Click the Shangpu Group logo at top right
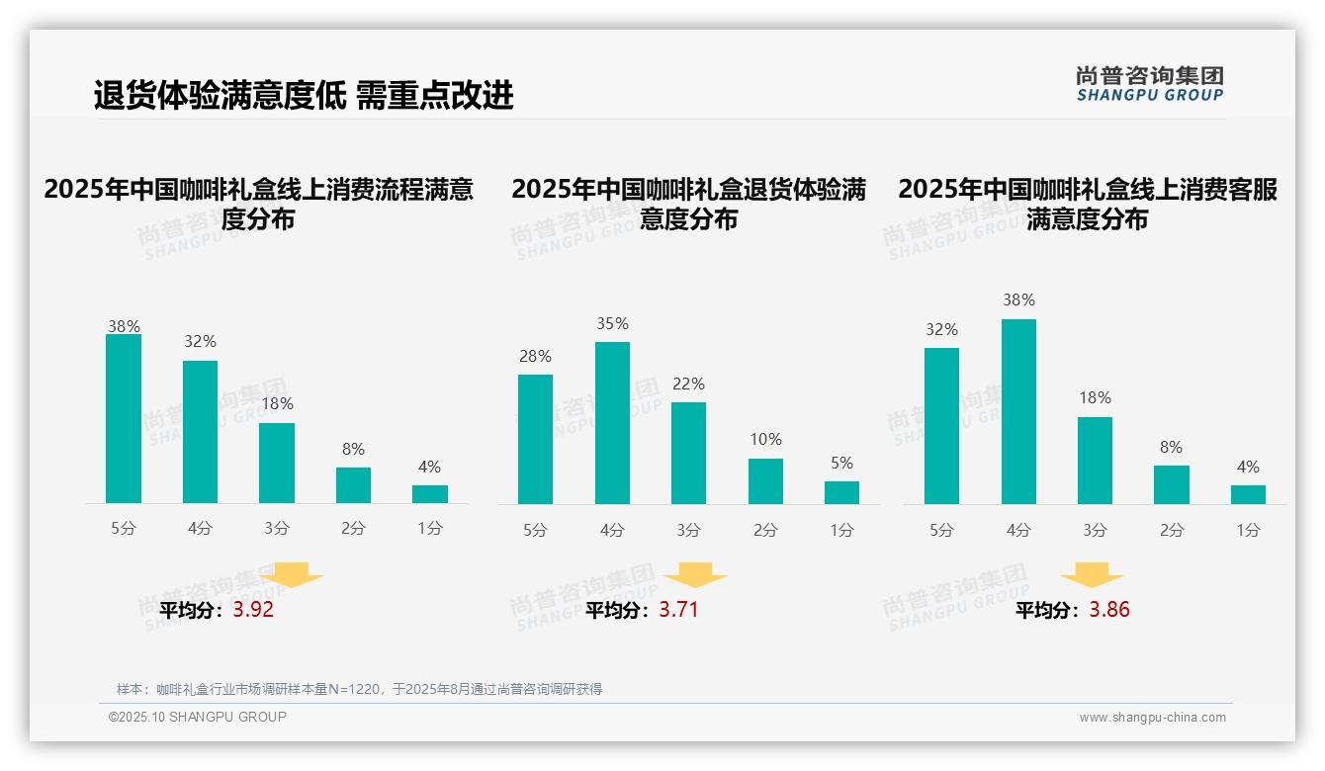pyautogui.click(x=1149, y=84)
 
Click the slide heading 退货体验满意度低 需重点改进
pyautogui.click(x=304, y=96)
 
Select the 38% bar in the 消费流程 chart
pyautogui.click(x=124, y=419)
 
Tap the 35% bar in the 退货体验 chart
pyautogui.click(x=612, y=423)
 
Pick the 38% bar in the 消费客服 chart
pyautogui.click(x=1018, y=411)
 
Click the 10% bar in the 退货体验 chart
pyautogui.click(x=765, y=481)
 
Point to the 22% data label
pyautogui.click(x=688, y=384)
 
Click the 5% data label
pyautogui.click(x=841, y=463)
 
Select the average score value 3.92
pyautogui.click(x=253, y=610)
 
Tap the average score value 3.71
pyautogui.click(x=678, y=610)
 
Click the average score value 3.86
pyautogui.click(x=1109, y=610)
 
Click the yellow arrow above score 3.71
pyautogui.click(x=695, y=575)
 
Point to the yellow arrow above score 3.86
pyautogui.click(x=1092, y=575)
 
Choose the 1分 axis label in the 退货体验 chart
pyautogui.click(x=841, y=530)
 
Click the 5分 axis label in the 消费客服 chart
pyautogui.click(x=941, y=530)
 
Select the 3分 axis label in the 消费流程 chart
pyautogui.click(x=277, y=529)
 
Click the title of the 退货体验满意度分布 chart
pyautogui.click(x=688, y=204)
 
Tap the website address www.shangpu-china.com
pyautogui.click(x=1152, y=718)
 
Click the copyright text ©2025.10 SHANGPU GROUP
pyautogui.click(x=198, y=717)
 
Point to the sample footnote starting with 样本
pyautogui.click(x=359, y=689)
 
